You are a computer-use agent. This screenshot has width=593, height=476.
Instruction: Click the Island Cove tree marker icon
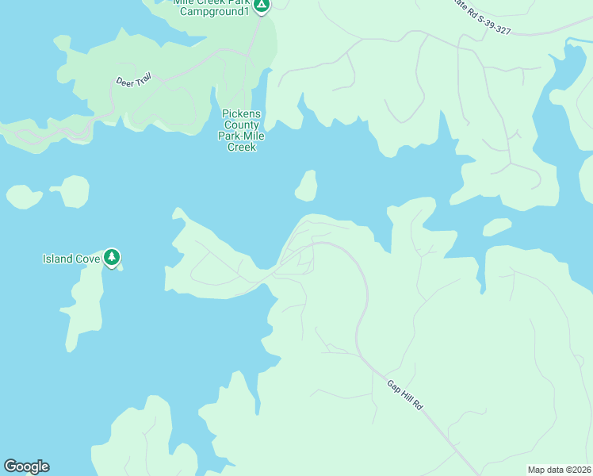pyautogui.click(x=112, y=257)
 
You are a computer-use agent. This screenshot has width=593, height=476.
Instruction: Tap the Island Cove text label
pyautogui.click(x=71, y=259)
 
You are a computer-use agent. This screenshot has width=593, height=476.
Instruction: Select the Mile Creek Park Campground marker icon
pyautogui.click(x=262, y=6)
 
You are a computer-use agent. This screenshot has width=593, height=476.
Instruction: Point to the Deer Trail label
pyautogui.click(x=132, y=81)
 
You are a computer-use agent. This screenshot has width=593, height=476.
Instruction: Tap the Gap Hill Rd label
pyautogui.click(x=405, y=395)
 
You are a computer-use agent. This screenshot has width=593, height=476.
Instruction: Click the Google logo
pyautogui.click(x=26, y=466)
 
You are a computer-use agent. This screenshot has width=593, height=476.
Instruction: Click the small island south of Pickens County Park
pyautogui.click(x=306, y=187)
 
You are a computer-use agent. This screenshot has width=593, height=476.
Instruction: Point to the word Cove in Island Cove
pyautogui.click(x=88, y=259)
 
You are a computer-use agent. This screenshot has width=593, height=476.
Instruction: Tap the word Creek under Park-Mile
pyautogui.click(x=242, y=147)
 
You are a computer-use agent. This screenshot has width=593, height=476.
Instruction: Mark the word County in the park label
pyautogui.click(x=242, y=125)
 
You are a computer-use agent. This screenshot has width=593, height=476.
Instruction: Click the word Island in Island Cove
pyautogui.click(x=58, y=259)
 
